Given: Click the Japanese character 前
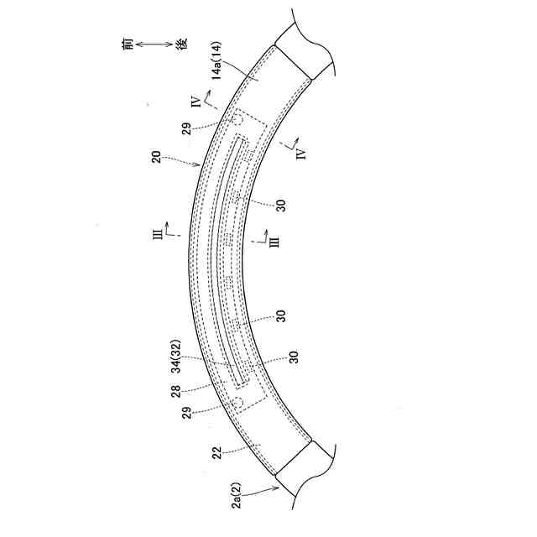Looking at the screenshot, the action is (x=128, y=44).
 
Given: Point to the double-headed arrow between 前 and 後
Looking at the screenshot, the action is (x=154, y=44).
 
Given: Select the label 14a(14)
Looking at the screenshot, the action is (x=216, y=61).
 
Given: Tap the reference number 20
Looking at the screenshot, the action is (x=156, y=157).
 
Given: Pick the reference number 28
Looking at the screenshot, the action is (x=175, y=392).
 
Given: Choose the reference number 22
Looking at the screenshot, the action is (x=216, y=452).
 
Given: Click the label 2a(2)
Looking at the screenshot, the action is (x=237, y=495).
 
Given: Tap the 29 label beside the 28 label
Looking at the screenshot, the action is (x=187, y=413).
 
